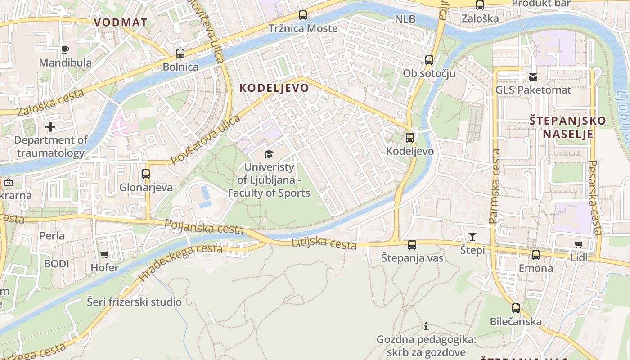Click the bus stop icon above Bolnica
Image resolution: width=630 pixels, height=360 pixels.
point(180,54)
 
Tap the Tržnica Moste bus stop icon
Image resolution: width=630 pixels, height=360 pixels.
point(303,15)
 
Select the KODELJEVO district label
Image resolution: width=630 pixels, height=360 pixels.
point(274,88)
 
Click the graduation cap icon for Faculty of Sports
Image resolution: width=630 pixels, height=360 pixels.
point(269,154)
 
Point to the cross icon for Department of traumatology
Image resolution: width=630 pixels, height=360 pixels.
point(50,127)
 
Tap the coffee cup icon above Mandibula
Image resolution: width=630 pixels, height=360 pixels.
point(65,49)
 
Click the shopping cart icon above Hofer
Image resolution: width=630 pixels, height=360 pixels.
point(104,255)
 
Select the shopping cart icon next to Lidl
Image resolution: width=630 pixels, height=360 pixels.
point(579,245)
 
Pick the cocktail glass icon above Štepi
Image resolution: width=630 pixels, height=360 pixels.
point(472,237)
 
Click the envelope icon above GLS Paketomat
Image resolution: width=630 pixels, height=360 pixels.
point(533,77)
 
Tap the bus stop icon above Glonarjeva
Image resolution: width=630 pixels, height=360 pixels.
point(145,174)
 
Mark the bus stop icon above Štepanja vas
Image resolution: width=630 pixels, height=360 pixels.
point(412,245)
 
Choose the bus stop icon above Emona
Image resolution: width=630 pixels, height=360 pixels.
point(536,255)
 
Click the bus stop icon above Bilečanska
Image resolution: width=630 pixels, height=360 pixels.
point(516,308)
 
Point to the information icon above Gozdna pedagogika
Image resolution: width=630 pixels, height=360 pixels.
point(426,326)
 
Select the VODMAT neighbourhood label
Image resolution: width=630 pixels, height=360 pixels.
point(120,22)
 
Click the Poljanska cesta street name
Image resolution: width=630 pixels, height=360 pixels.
point(204,227)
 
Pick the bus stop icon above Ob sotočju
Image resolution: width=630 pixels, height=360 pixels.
point(429,60)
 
